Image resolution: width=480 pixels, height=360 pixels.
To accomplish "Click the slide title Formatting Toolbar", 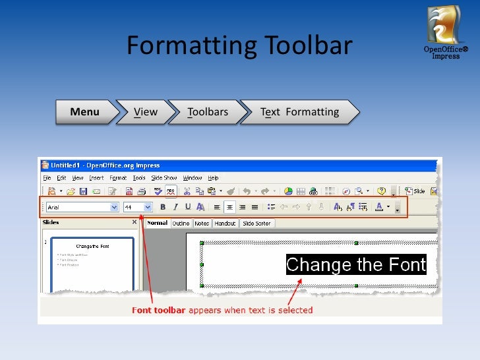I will tap(239, 46).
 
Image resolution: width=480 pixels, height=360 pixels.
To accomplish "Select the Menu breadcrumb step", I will tap(85, 112).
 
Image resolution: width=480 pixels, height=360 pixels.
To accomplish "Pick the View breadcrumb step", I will tap(146, 112).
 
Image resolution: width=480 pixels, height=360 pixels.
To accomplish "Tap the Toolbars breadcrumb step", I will tap(208, 112).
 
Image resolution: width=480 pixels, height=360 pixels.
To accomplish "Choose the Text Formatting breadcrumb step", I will tap(300, 112).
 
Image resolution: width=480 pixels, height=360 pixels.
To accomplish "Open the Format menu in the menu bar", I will tap(118, 178).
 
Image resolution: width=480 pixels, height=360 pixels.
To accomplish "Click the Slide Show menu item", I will tap(164, 178).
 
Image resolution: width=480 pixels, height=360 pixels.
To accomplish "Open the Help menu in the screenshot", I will tap(213, 178).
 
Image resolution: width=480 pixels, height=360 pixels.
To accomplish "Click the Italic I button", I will tap(175, 207).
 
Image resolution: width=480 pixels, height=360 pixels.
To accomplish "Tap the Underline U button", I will tap(187, 207).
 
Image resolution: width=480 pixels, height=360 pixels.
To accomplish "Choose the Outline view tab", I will tap(181, 224).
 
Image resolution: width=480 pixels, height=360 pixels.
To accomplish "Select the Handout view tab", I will tap(225, 224).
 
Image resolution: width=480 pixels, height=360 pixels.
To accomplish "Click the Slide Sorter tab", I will tap(256, 224).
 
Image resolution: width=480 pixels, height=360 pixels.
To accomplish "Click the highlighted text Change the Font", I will tap(356, 265).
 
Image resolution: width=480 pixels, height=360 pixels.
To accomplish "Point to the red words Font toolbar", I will tap(159, 310).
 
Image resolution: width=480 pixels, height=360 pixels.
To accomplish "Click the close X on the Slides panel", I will tap(135, 223).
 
